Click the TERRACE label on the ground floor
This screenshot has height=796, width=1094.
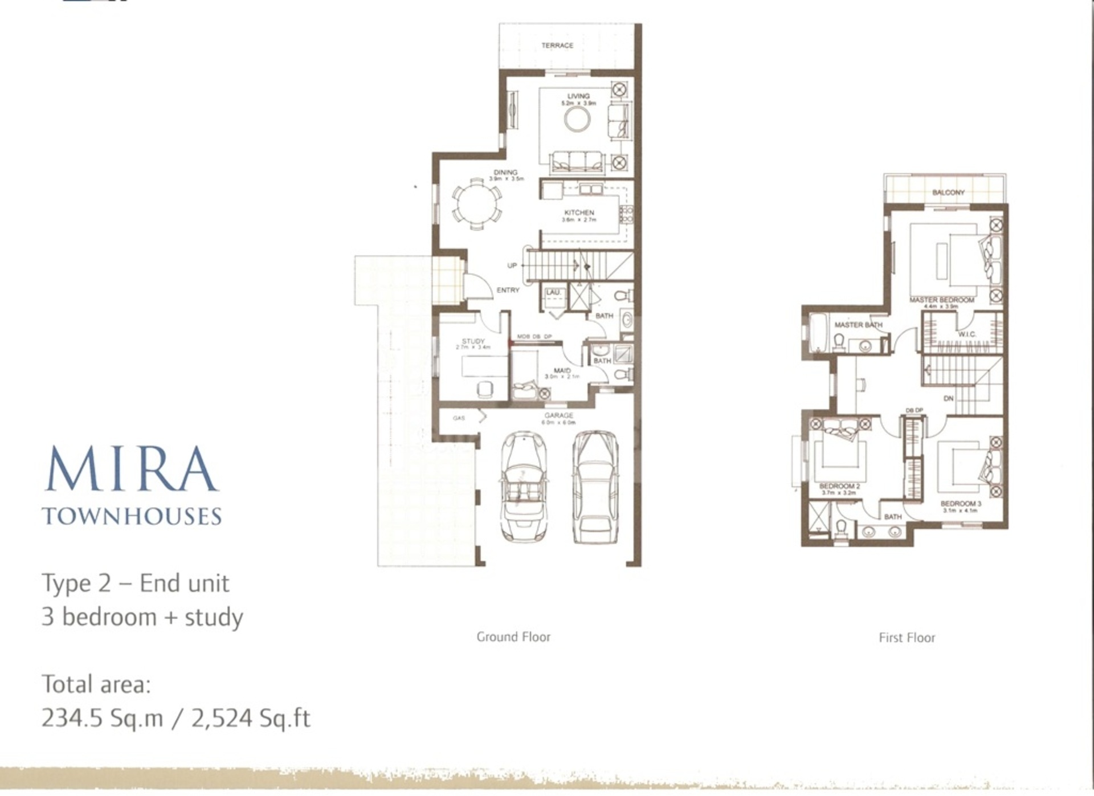click(x=557, y=46)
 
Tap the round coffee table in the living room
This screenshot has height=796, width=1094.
click(x=577, y=120)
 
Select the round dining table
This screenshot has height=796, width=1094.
click(x=477, y=203)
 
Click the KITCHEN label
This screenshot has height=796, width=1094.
click(x=579, y=213)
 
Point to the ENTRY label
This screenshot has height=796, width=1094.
click(x=508, y=290)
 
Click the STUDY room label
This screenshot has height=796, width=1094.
click(x=473, y=341)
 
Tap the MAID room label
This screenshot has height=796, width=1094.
click(x=562, y=371)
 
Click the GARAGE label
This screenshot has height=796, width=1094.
click(x=558, y=415)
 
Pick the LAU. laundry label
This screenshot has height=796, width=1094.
click(x=553, y=293)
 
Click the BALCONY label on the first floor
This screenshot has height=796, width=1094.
click(x=948, y=193)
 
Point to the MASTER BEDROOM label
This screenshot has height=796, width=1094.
click(x=941, y=300)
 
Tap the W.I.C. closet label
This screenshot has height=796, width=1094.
click(x=967, y=334)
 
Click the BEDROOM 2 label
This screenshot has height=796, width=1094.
click(x=839, y=486)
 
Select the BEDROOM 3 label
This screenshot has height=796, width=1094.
click(x=961, y=504)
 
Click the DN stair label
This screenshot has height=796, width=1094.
click(x=948, y=399)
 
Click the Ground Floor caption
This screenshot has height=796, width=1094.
click(x=513, y=637)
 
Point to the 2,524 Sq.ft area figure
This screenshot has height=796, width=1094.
click(x=251, y=718)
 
